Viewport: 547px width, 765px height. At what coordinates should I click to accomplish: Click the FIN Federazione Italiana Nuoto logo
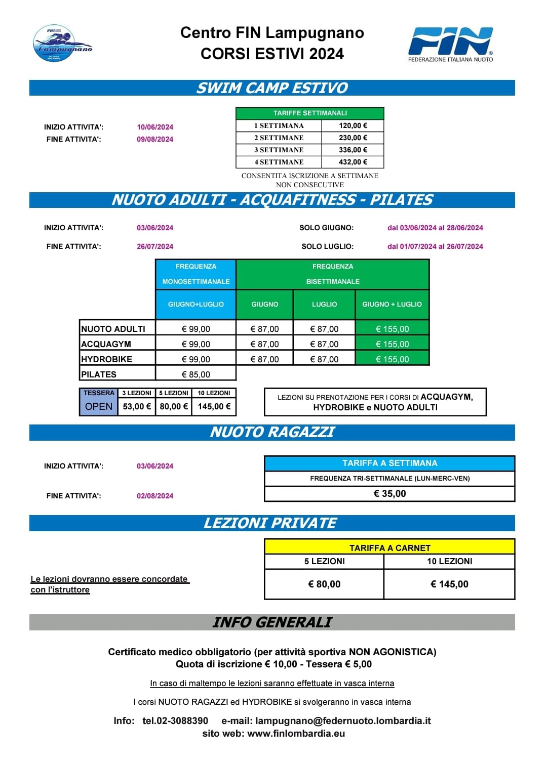(450, 45)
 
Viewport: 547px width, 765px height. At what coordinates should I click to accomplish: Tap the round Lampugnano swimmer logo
(62, 44)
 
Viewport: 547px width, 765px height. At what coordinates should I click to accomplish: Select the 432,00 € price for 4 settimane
(353, 162)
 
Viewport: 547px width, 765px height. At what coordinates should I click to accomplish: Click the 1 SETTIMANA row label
(279, 125)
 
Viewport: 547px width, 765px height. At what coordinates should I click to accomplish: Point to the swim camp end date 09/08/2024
(155, 139)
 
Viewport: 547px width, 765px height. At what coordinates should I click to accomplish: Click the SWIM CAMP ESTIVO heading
(272, 88)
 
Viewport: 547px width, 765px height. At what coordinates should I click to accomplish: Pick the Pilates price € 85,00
(196, 374)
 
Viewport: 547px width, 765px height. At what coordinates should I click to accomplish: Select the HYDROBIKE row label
(107, 359)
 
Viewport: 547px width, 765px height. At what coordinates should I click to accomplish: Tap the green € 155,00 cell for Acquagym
(392, 344)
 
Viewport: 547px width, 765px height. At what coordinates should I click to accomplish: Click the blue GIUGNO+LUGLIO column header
(196, 304)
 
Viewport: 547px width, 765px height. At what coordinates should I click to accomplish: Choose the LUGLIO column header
(324, 304)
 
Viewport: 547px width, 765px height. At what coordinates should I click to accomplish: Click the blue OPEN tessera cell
(99, 406)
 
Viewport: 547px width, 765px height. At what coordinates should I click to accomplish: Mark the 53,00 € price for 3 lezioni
(137, 406)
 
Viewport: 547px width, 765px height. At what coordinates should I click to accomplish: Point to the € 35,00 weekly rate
(389, 494)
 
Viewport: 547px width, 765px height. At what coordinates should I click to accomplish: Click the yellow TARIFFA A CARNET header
(389, 547)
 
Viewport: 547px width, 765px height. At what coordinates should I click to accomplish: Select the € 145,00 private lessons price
(449, 584)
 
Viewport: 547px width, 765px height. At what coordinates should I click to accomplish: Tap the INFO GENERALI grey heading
(272, 622)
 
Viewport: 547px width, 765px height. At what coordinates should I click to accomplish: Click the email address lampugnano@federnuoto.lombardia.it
(343, 720)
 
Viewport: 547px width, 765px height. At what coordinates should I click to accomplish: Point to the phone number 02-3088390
(175, 720)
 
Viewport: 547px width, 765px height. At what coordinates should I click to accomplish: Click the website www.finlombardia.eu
(296, 733)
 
